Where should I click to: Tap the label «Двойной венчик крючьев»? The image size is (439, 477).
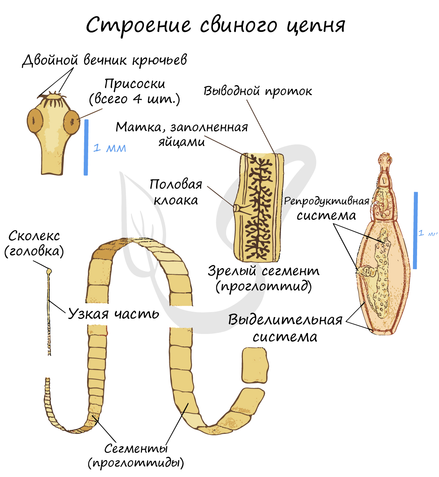pyautogui.click(x=105, y=60)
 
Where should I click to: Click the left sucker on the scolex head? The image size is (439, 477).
pyautogui.click(x=35, y=121)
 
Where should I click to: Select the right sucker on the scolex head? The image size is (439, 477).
pyautogui.click(x=72, y=122)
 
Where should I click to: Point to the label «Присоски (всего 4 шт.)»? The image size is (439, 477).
pyautogui.click(x=135, y=91)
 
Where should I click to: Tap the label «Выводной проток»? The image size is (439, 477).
pyautogui.click(x=258, y=91)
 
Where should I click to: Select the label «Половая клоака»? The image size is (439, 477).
pyautogui.click(x=176, y=192)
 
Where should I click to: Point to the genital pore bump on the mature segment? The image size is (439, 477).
pyautogui.click(x=237, y=208)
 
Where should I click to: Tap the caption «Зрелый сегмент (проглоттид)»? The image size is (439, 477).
pyautogui.click(x=263, y=278)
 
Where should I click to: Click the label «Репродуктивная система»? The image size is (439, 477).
pyautogui.click(x=326, y=208)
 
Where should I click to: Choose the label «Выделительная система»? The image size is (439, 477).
pyautogui.click(x=285, y=328)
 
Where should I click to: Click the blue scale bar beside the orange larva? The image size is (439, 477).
pyautogui.click(x=415, y=230)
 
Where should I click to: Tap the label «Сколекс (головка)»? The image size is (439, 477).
pyautogui.click(x=34, y=243)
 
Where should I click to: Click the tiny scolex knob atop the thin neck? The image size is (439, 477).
pyautogui.click(x=49, y=271)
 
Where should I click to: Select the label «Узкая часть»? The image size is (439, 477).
pyautogui.click(x=114, y=314)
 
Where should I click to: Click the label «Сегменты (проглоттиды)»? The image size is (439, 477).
pyautogui.click(x=136, y=456)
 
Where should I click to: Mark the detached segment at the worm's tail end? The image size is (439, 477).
pyautogui.click(x=255, y=365)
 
